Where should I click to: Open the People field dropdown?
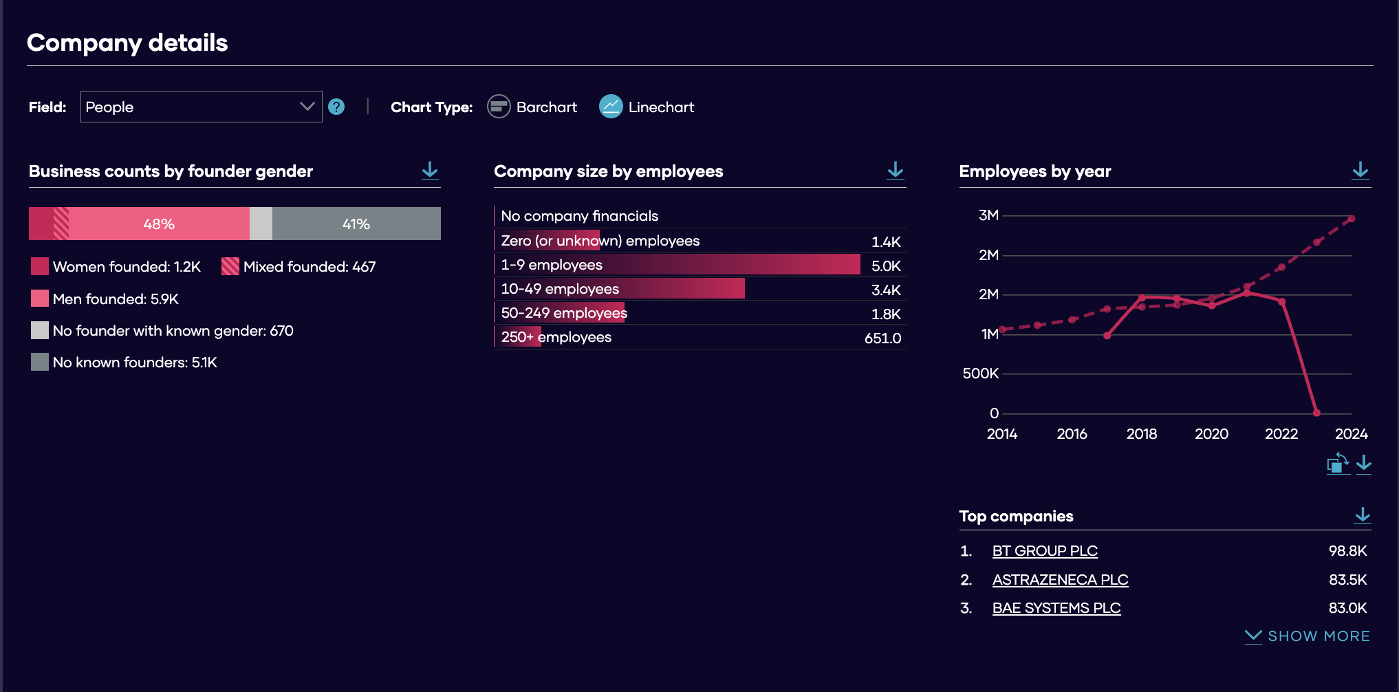coord(201,107)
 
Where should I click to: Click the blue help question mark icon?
coord(336,107)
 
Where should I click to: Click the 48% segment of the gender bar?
coord(159,224)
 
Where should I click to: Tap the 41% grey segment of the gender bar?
coord(356,224)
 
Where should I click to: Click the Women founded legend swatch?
coord(40,266)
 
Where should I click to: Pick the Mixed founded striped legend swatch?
coord(230,266)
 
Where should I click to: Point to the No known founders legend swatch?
coord(40,362)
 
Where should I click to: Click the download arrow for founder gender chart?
coord(430,170)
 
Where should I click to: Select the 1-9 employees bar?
coord(677,264)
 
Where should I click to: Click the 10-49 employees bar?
coord(620,288)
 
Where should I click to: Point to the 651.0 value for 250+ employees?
coord(882,338)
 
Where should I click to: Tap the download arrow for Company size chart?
coord(896,170)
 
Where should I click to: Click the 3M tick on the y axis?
coord(988,215)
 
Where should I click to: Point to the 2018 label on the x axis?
coord(1142,434)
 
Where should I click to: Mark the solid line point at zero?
coord(1316,413)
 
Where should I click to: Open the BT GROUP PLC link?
coord(1045,551)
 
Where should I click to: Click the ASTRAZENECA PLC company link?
coord(1060,580)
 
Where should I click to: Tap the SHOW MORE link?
coord(1308,636)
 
